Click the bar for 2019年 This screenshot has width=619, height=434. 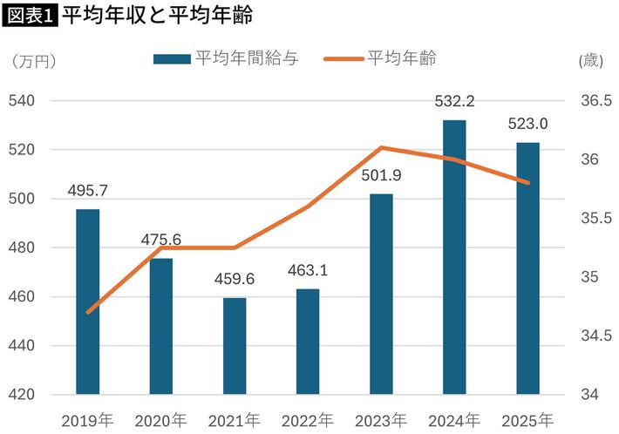tap(87, 302)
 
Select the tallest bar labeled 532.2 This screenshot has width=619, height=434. tap(454, 257)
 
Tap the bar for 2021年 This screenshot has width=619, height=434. tap(235, 346)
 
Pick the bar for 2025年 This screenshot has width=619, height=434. tap(527, 268)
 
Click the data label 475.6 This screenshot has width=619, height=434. tap(160, 240)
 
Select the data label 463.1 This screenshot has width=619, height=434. tap(308, 270)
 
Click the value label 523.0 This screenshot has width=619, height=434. tap(527, 124)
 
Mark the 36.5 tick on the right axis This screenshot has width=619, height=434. tap(593, 101)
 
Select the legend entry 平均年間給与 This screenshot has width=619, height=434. tap(225, 58)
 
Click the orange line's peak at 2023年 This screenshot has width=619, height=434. tap(382, 148)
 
